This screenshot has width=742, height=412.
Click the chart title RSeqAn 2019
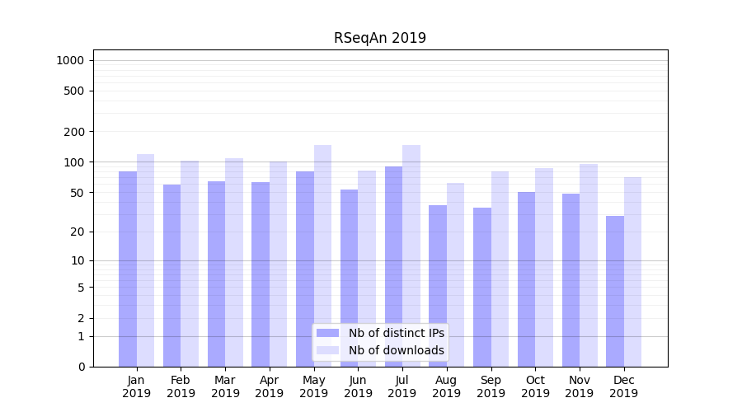click(379, 38)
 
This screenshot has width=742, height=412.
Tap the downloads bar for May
click(322, 255)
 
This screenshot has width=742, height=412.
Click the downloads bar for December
click(632, 272)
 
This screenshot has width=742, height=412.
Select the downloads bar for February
click(190, 264)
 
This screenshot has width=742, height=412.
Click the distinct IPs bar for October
click(526, 279)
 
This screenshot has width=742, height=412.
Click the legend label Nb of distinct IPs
click(396, 333)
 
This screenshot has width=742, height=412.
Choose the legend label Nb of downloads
click(396, 350)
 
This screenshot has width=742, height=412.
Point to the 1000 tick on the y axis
click(70, 60)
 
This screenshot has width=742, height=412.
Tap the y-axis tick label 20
click(77, 232)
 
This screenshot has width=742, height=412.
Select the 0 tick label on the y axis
click(81, 367)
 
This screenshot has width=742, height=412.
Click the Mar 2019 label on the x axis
click(225, 386)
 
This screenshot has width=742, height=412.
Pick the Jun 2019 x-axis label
click(358, 386)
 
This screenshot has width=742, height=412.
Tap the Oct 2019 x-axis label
click(535, 386)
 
